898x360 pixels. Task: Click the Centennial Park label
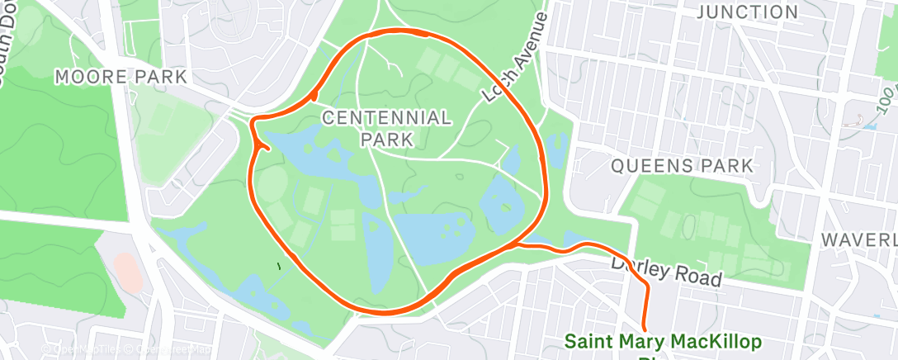pos(386,127)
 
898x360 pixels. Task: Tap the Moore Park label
pos(121,77)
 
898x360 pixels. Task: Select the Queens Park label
pos(682,166)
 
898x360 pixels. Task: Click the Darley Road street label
pos(666,271)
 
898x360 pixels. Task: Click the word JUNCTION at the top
pos(748,12)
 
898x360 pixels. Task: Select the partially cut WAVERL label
pos(859,239)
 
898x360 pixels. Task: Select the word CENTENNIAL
pos(386,117)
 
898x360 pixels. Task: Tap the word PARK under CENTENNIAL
pos(386,138)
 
